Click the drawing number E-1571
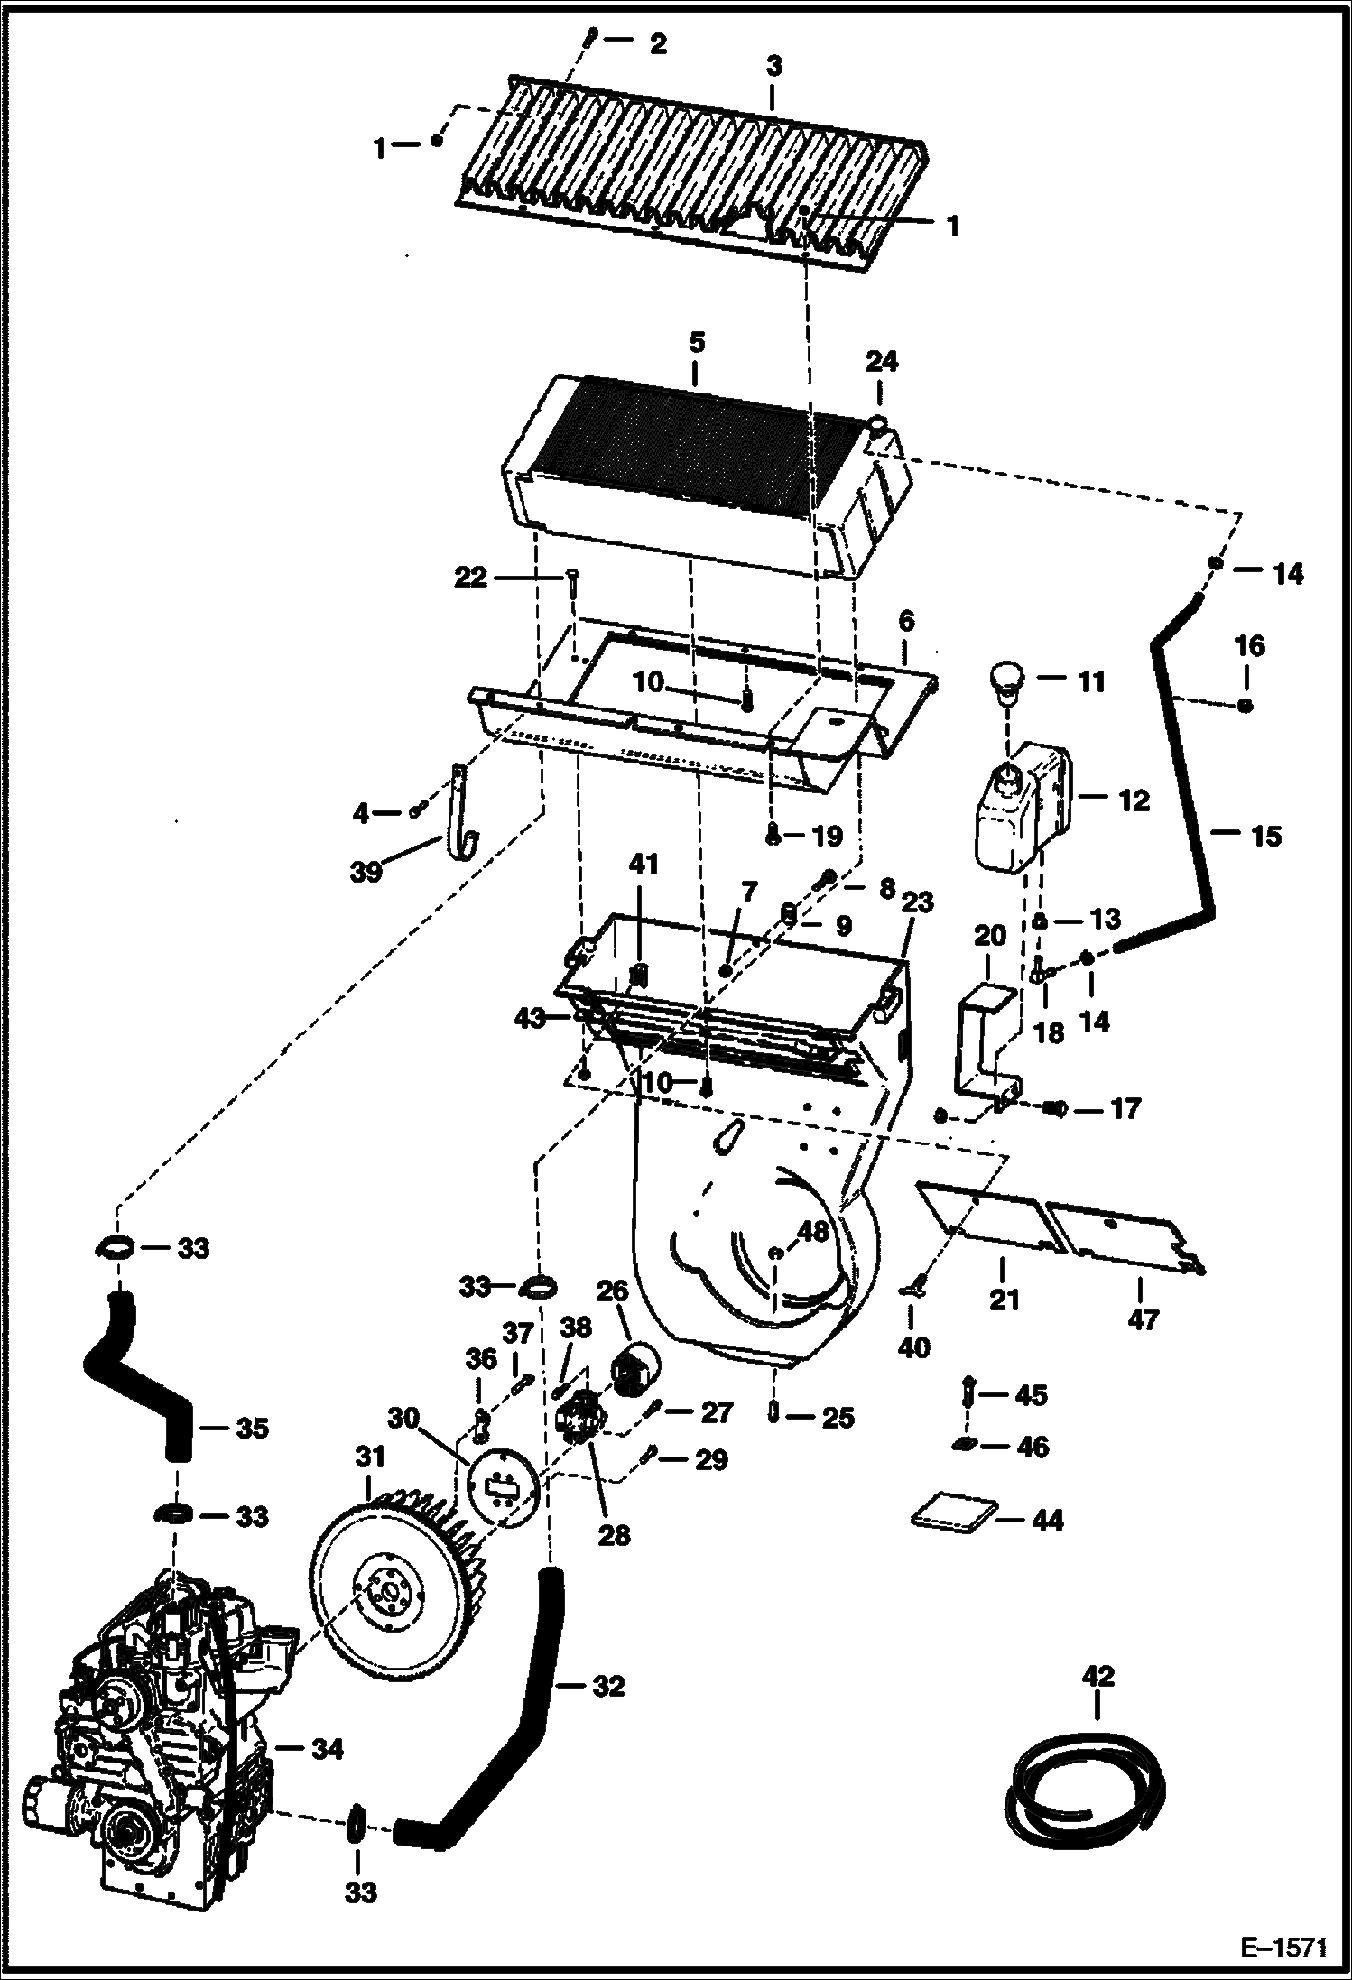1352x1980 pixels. point(1283,1947)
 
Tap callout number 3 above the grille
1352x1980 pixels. point(773,66)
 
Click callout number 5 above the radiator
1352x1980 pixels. point(695,344)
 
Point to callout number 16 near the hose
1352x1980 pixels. point(1248,646)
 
